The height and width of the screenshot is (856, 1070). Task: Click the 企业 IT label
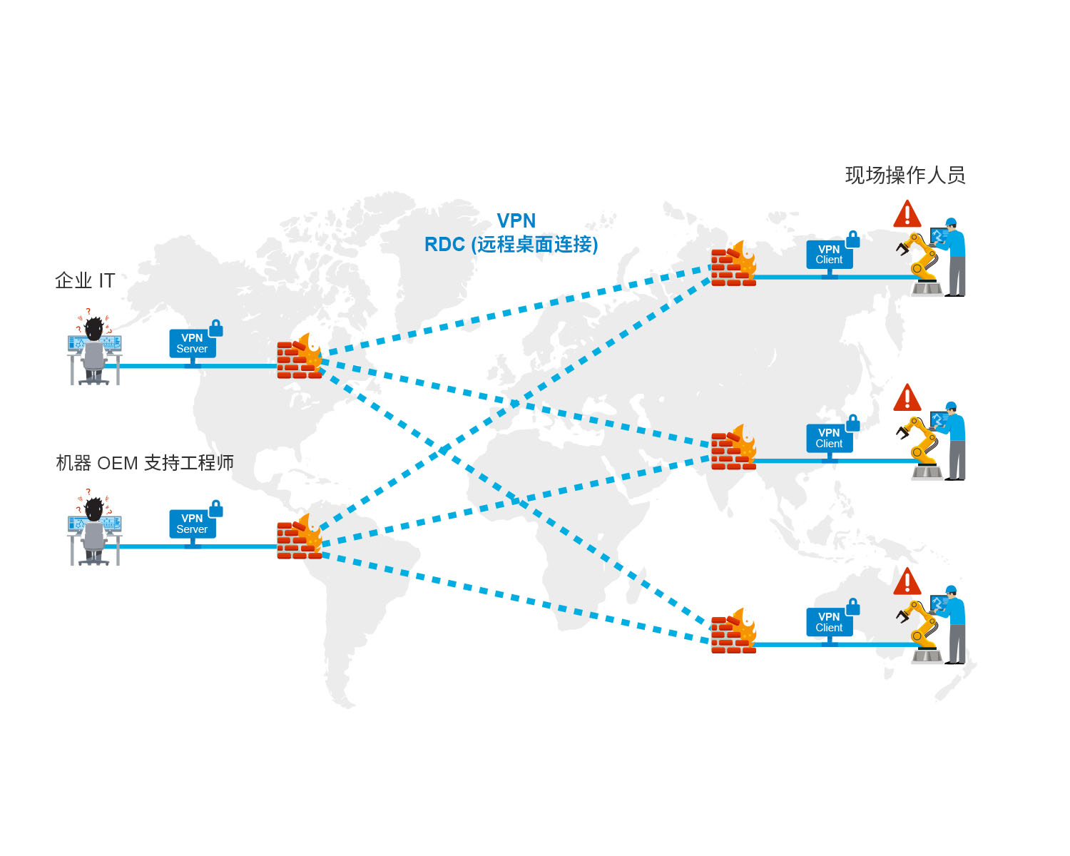[x=85, y=281]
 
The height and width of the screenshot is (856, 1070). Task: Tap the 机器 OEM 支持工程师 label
[x=145, y=463]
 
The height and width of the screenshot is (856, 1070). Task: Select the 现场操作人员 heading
[x=905, y=175]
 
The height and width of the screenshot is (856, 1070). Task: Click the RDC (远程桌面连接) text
[x=511, y=244]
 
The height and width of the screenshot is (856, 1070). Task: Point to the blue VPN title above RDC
[x=516, y=220]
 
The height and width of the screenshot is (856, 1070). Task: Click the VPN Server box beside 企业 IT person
[x=193, y=343]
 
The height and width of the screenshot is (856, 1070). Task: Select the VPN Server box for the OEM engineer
[x=193, y=524]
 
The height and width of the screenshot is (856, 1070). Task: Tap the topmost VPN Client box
[x=830, y=255]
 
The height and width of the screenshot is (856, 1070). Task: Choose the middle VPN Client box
[x=830, y=438]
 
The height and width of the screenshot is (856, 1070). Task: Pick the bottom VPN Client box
[x=830, y=622]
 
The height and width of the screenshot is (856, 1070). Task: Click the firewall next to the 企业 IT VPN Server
[x=300, y=356]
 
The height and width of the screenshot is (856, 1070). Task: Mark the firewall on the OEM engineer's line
[x=300, y=536]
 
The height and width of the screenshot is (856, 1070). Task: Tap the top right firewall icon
[x=733, y=264]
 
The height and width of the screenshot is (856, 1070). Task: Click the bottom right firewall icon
[x=733, y=631]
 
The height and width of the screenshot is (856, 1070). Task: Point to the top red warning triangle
[x=907, y=214]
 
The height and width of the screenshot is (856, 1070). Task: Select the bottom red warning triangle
[x=907, y=581]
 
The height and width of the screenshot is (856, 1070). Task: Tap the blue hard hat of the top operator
[x=951, y=222]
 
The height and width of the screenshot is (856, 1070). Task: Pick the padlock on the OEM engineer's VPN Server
[x=216, y=509]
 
